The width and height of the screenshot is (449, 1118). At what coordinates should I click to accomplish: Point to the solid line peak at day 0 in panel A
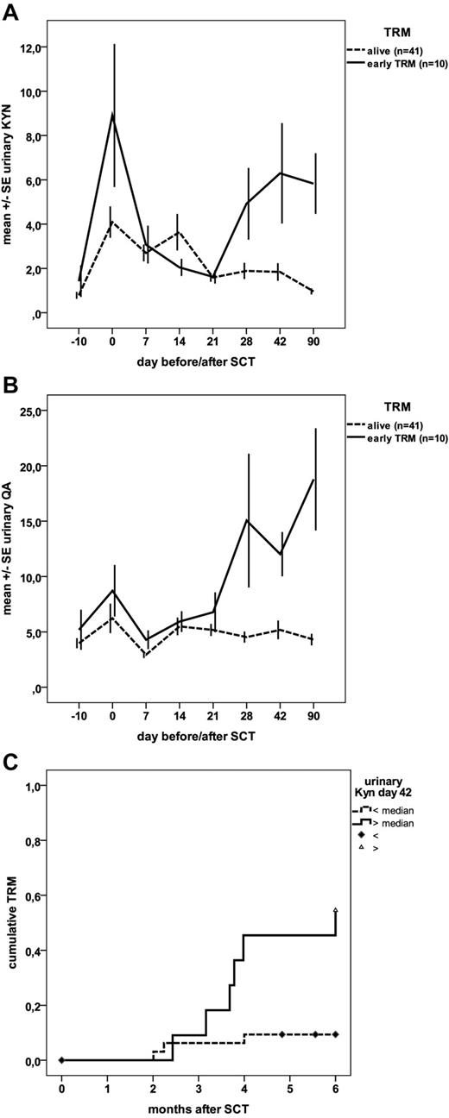click(x=112, y=115)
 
